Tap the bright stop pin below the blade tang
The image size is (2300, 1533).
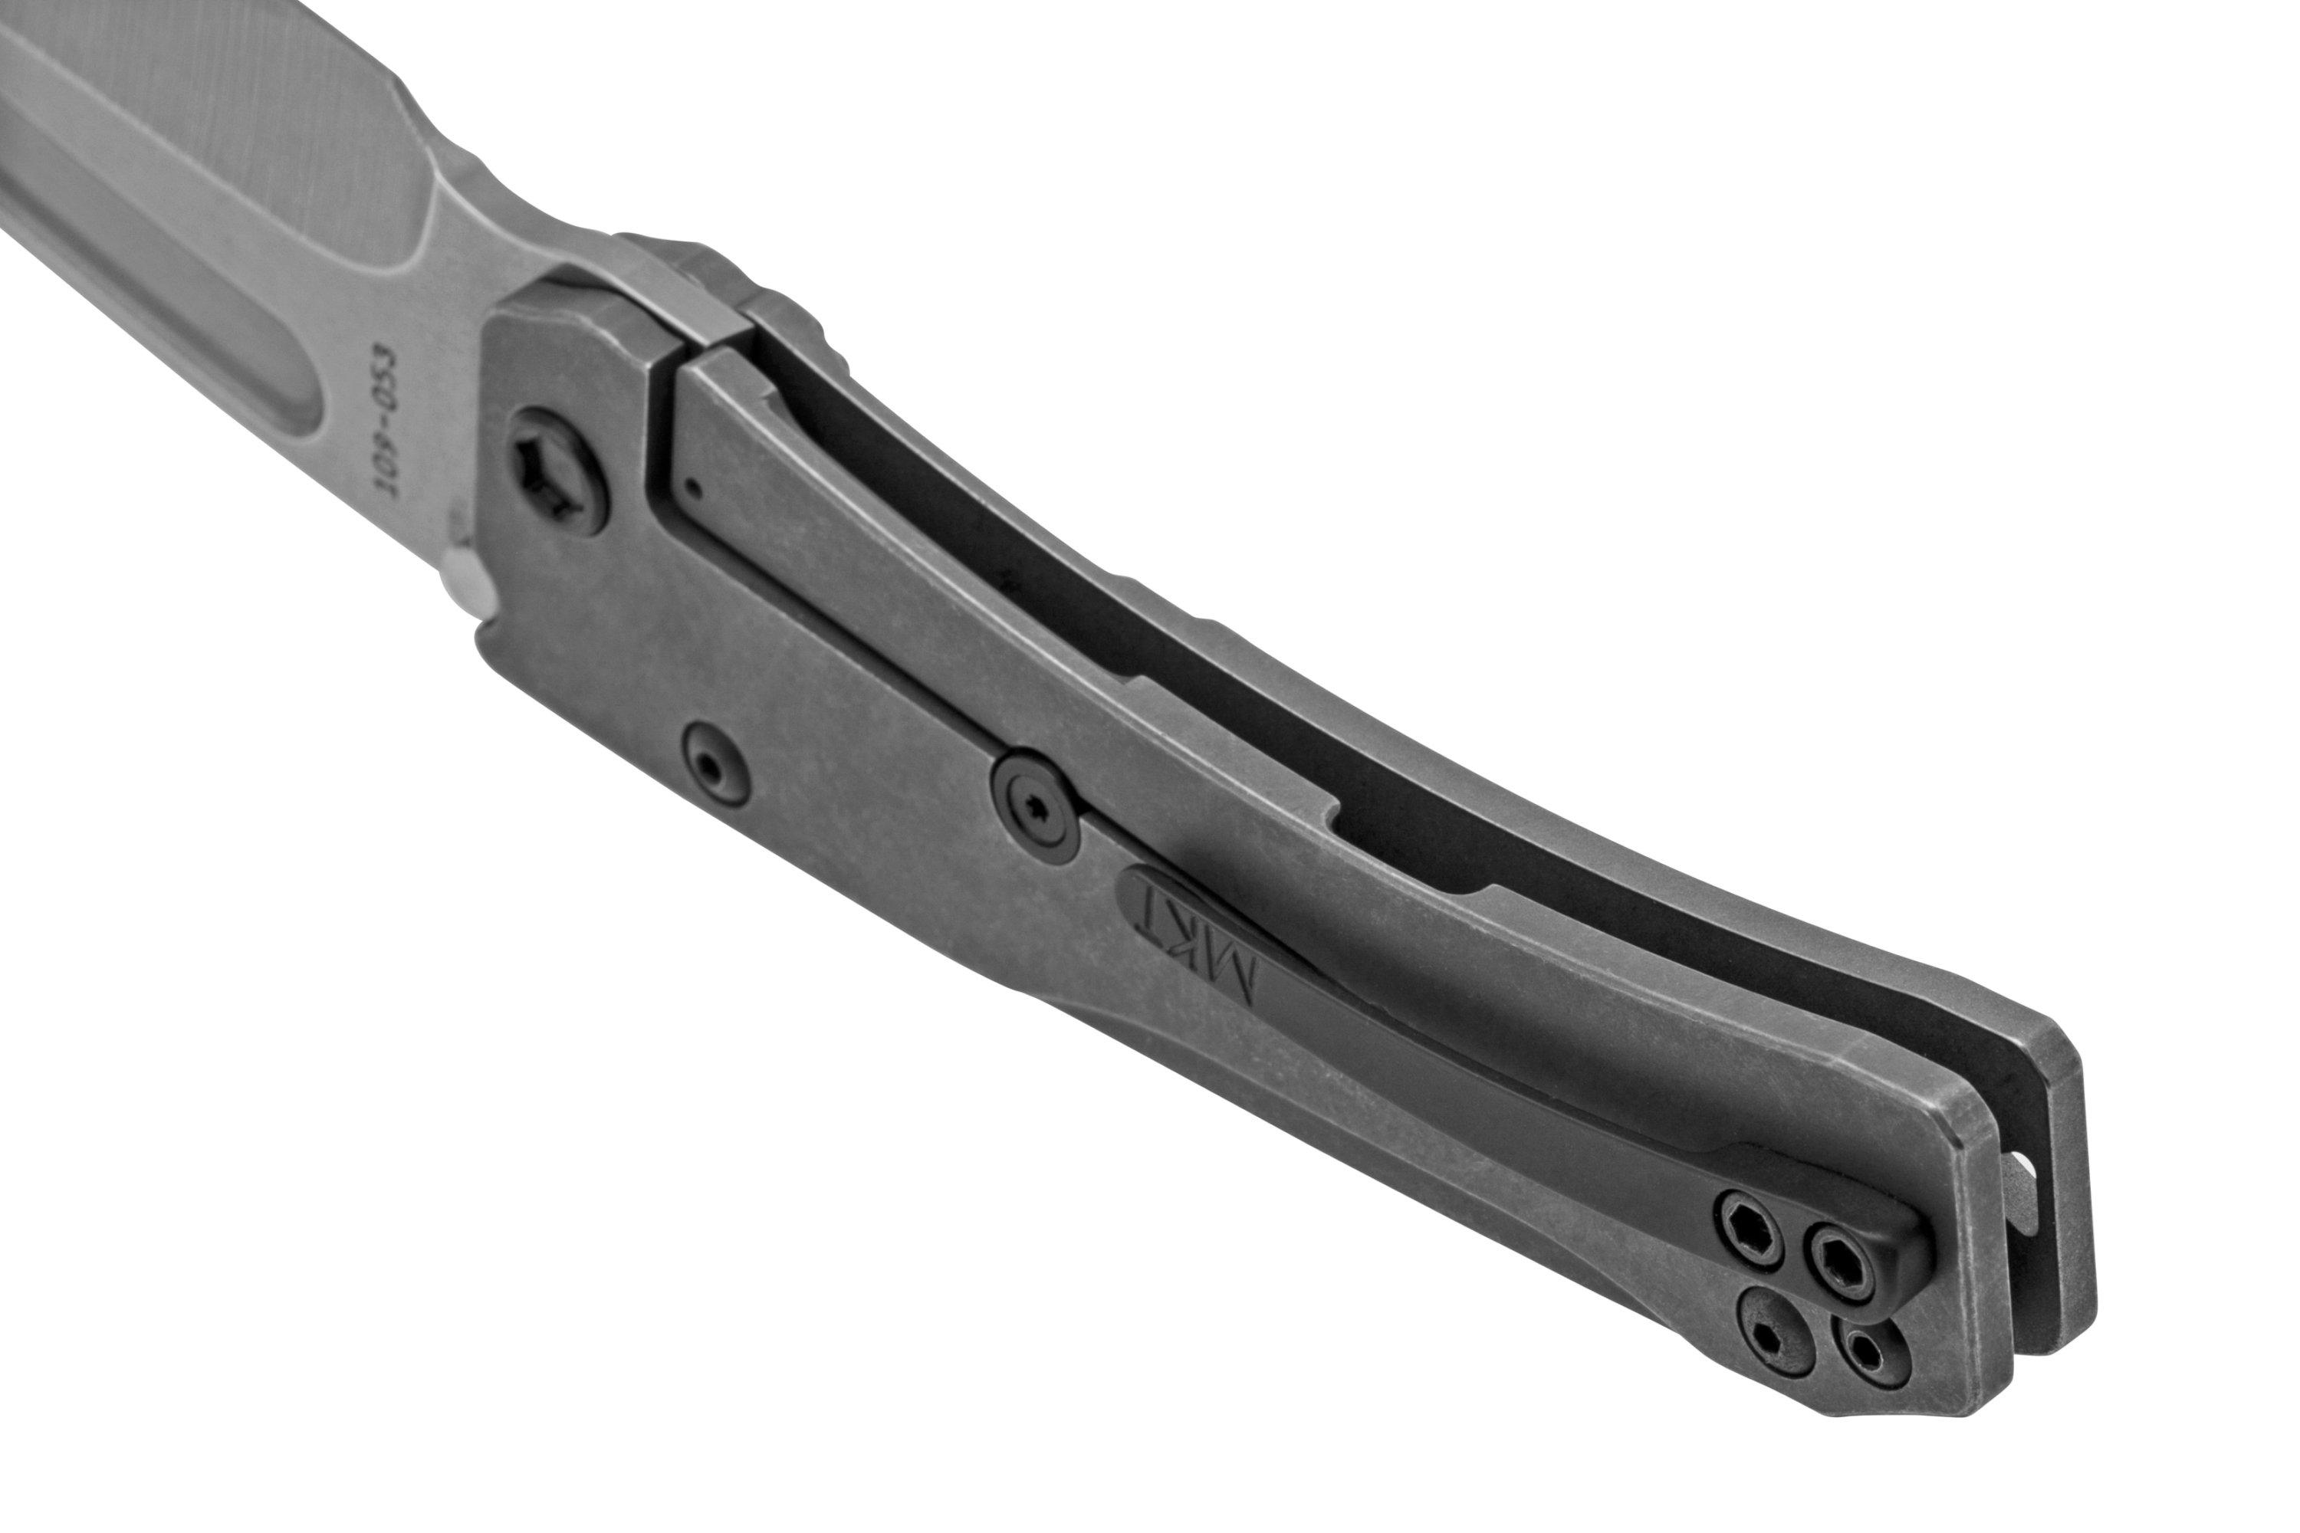(468, 586)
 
